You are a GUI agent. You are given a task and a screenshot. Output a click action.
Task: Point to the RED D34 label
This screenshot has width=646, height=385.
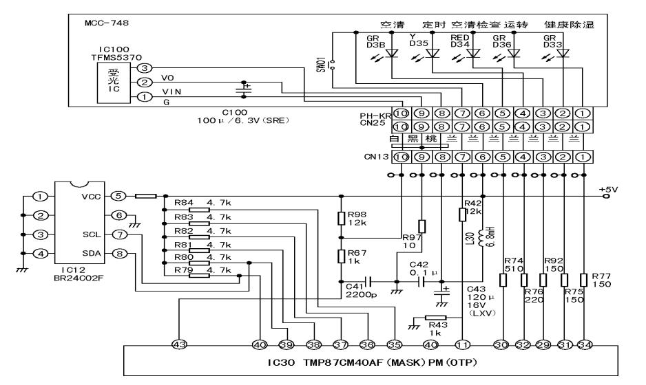point(459,41)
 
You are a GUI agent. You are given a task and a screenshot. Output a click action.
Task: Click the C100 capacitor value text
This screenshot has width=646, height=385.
point(242,120)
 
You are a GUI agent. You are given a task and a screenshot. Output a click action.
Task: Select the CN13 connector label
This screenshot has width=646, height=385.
point(377,157)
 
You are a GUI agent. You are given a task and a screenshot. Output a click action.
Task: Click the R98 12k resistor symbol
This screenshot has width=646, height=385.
point(342,219)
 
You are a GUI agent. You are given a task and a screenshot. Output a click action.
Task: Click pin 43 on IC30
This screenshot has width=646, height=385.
point(179,344)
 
